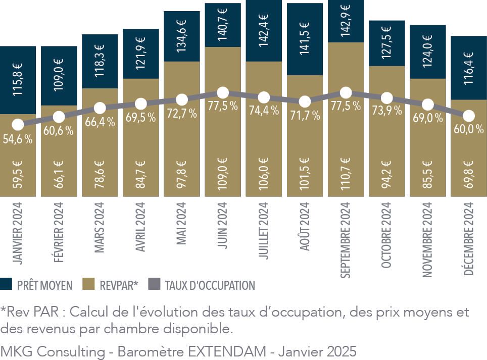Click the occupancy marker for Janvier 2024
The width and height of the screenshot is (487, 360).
[x=18, y=124]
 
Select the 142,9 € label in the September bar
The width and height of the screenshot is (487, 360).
[x=346, y=19]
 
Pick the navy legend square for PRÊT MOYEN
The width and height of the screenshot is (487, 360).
[x=6, y=285]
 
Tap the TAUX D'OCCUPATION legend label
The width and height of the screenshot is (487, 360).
[x=210, y=285]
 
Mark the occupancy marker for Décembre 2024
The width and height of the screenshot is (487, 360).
[x=469, y=116]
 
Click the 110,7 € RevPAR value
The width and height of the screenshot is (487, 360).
[x=346, y=175]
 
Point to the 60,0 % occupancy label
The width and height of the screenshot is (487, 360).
[x=468, y=129]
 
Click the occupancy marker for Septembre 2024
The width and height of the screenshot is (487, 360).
[x=346, y=93]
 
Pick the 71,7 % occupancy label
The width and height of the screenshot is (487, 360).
[x=305, y=115]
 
